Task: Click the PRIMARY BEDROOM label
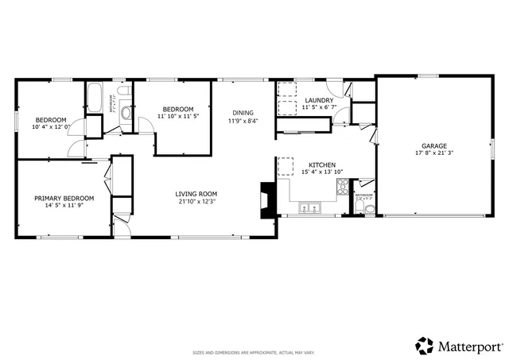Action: [x=64, y=198]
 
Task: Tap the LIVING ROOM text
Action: [x=196, y=194]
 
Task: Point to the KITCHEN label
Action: [x=322, y=165]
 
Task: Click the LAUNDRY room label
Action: [x=319, y=100]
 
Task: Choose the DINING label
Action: [x=243, y=113]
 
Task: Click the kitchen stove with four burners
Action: [x=343, y=188]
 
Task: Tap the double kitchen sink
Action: [x=309, y=209]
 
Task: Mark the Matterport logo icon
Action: [x=424, y=346]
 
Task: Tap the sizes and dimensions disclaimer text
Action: [x=254, y=352]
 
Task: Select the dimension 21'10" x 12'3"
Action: [x=196, y=201]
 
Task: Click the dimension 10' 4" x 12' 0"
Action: [x=52, y=126]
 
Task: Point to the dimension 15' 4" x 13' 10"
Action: [x=322, y=172]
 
